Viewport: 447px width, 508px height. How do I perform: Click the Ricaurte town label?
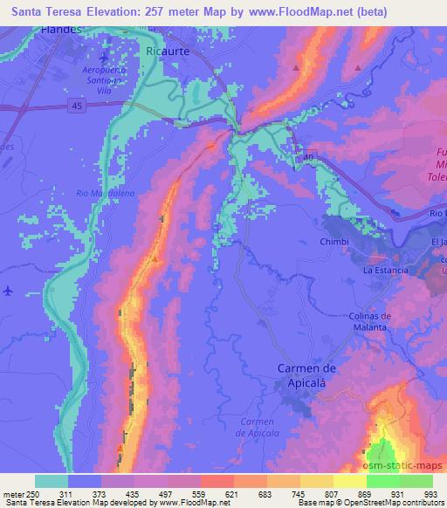coord(168,51)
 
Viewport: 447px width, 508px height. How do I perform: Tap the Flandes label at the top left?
coord(60,30)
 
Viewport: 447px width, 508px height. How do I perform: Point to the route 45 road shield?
coord(77,104)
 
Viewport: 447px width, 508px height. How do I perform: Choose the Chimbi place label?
coord(334,239)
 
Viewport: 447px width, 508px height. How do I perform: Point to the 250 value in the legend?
coord(32,494)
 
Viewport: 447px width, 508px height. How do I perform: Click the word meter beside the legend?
coord(12,494)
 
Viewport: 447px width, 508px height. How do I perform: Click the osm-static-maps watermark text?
coord(403,465)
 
